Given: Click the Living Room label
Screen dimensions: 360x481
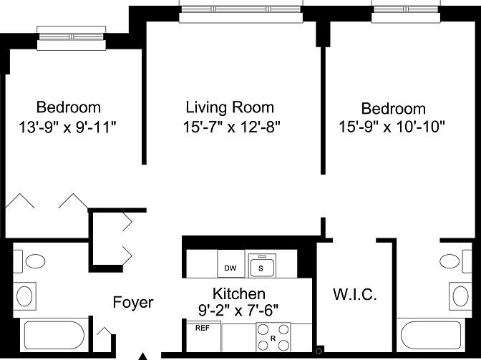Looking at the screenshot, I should [229, 108].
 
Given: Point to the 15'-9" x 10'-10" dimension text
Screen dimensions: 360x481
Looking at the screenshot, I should [392, 127].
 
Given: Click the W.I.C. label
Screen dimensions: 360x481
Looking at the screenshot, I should [354, 295].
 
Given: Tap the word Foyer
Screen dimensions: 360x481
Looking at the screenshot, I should [133, 303].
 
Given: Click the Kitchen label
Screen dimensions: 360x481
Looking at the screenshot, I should [239, 294].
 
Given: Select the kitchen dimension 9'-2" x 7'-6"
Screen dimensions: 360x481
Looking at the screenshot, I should [239, 310].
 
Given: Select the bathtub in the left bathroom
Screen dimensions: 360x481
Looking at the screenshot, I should [54, 336].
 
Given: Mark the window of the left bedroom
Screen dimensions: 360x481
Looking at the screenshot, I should [72, 37].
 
